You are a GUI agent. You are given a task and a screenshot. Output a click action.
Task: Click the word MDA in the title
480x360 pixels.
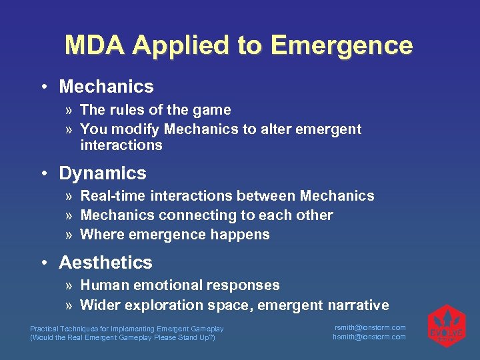click(95, 45)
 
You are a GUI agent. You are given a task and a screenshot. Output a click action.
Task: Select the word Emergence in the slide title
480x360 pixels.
click(341, 45)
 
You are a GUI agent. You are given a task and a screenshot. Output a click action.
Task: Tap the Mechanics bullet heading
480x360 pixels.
click(106, 87)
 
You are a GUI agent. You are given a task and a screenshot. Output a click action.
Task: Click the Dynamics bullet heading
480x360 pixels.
click(102, 173)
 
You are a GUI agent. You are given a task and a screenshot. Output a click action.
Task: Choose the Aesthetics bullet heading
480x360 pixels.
click(105, 263)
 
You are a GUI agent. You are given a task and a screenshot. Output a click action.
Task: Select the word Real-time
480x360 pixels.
click(113, 196)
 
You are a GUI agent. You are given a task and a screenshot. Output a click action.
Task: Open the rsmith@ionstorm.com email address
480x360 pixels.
click(369, 327)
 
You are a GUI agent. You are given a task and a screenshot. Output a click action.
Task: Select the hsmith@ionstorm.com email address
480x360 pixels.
click(369, 337)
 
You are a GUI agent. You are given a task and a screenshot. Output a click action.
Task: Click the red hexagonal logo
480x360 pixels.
click(446, 326)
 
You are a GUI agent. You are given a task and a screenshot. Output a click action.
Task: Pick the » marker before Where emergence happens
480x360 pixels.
click(70, 235)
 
